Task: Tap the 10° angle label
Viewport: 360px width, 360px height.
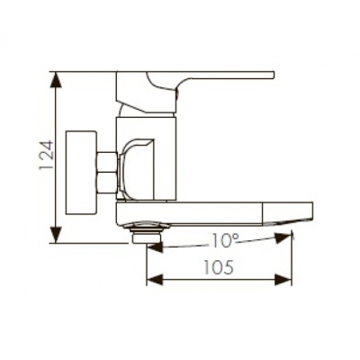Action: (x=227, y=240)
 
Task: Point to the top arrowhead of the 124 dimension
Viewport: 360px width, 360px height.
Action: (x=57, y=79)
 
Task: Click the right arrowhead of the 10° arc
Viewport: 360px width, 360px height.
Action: (x=288, y=238)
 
